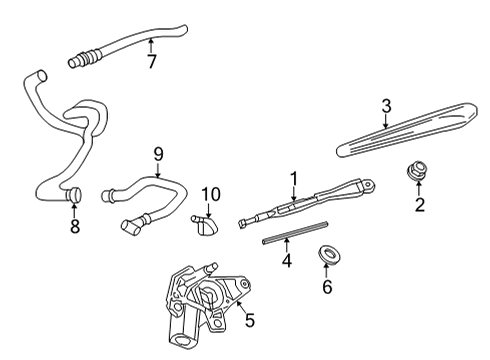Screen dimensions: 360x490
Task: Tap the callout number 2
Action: (420, 207)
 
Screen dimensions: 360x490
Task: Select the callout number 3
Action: (384, 105)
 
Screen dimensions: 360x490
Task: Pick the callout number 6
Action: (326, 287)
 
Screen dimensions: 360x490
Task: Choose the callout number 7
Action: (151, 63)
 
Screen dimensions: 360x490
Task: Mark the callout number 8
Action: (74, 226)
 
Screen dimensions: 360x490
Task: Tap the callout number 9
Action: (157, 155)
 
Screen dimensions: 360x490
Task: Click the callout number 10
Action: (209, 193)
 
